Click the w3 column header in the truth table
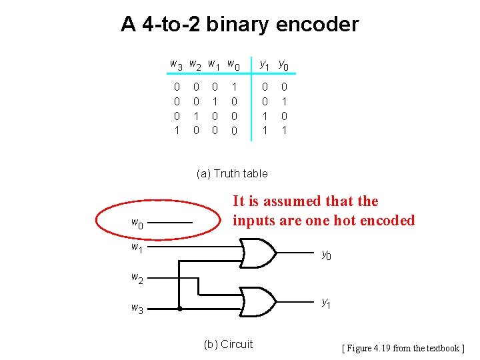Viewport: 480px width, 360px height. (x=177, y=65)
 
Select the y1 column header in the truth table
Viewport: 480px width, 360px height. (x=265, y=65)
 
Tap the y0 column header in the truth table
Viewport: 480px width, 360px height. (x=283, y=65)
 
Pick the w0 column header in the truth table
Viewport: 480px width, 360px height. (x=233, y=65)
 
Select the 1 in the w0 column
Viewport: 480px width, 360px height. (x=233, y=87)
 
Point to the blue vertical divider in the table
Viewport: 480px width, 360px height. (x=251, y=100)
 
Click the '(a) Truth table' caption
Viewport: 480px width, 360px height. (x=232, y=173)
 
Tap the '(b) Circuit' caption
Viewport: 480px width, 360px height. (x=227, y=344)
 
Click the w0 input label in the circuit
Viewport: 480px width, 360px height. (x=136, y=223)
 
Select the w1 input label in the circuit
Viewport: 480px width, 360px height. (x=136, y=248)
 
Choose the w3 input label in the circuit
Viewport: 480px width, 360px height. (x=136, y=308)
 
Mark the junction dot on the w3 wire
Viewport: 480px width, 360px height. (x=181, y=309)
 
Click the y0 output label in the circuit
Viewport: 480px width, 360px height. (x=326, y=254)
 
